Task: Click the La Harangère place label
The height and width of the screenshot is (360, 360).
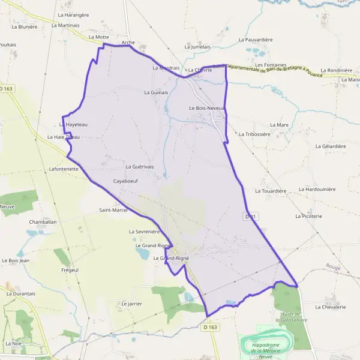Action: tap(74, 14)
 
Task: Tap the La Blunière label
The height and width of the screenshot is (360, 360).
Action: tap(25, 26)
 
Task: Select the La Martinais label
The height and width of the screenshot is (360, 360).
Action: tap(65, 25)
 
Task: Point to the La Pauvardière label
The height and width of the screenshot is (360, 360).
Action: tap(256, 40)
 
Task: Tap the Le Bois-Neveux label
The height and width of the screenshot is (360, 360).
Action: tap(206, 108)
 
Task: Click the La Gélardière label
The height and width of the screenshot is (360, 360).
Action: tap(331, 146)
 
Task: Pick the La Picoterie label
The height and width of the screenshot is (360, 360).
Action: tap(309, 215)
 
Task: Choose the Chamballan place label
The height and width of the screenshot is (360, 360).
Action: tap(42, 221)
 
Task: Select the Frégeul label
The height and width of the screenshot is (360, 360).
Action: tap(70, 270)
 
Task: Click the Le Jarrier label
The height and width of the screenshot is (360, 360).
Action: tap(131, 304)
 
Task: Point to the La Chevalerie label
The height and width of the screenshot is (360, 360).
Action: tap(331, 307)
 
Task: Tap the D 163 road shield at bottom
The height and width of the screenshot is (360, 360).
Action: tap(210, 327)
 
